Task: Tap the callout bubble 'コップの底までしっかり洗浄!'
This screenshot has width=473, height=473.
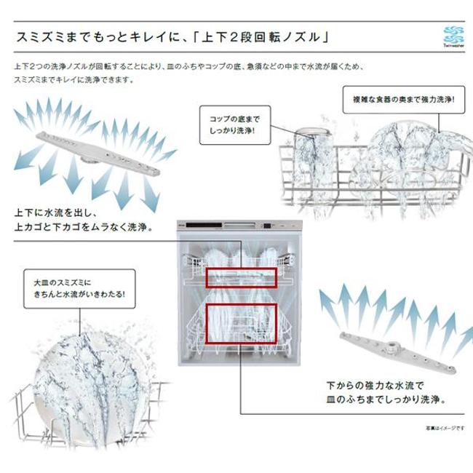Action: pos(234,125)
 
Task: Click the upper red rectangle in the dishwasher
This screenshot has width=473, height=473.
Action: pos(240,277)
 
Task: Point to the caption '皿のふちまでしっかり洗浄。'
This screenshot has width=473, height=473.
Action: pos(386,400)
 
